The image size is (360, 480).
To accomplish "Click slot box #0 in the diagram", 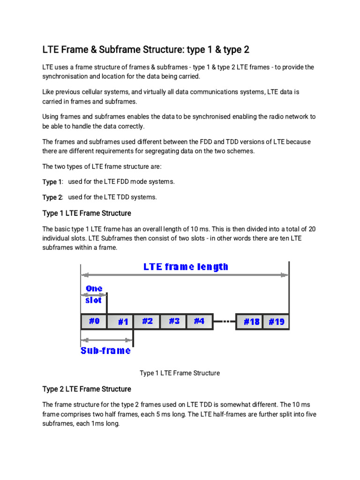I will click(x=94, y=322).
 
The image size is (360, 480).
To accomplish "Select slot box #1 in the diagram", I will click(x=120, y=322).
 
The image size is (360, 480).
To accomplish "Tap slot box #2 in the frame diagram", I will click(x=147, y=322).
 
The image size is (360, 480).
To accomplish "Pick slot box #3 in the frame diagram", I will click(x=173, y=322).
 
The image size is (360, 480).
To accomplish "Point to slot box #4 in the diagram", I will click(x=200, y=322).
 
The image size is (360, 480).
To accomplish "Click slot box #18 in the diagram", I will click(x=249, y=322).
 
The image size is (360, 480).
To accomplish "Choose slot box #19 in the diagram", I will click(x=276, y=322).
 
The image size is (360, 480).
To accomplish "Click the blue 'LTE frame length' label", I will click(x=186, y=267).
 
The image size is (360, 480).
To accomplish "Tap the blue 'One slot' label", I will click(x=94, y=294).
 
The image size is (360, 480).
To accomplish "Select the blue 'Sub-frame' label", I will click(x=105, y=351).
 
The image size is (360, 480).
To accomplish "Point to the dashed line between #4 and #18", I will click(x=225, y=322).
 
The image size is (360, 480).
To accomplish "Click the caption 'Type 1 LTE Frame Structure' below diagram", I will click(x=180, y=373).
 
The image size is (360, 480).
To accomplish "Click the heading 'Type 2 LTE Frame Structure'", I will click(x=87, y=389).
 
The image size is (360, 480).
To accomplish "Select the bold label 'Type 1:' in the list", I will click(x=52, y=182).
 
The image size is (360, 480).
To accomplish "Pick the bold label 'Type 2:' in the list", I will click(x=52, y=197).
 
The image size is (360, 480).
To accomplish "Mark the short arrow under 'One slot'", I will click(x=94, y=295).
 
